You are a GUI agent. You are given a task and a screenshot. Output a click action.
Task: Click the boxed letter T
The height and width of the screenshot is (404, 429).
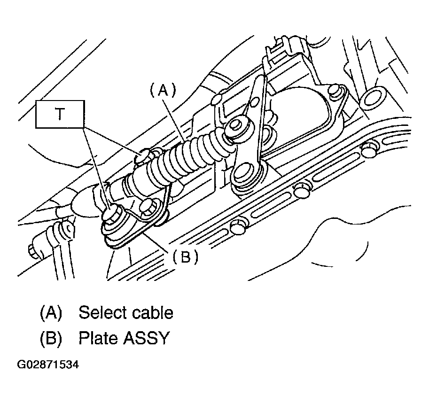point(60,114)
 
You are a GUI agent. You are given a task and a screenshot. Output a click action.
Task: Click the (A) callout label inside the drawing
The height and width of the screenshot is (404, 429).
point(163,90)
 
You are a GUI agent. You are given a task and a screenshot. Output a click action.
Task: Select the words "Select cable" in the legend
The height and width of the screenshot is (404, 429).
point(125,312)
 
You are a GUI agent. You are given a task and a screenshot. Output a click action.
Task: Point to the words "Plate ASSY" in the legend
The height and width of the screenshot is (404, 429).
point(123,338)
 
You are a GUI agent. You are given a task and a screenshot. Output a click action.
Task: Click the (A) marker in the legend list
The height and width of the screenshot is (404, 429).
point(51,312)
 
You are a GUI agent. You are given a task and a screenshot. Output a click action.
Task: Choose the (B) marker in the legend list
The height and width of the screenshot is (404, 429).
point(51,338)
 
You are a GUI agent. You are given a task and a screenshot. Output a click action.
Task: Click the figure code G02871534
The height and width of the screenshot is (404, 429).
point(47,365)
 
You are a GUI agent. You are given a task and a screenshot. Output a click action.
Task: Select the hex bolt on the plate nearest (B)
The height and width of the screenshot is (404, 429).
point(148,207)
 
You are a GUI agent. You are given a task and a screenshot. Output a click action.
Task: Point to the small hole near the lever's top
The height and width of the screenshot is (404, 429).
point(254,102)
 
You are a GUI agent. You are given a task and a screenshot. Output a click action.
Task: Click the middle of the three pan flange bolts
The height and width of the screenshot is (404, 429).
point(301,190)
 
